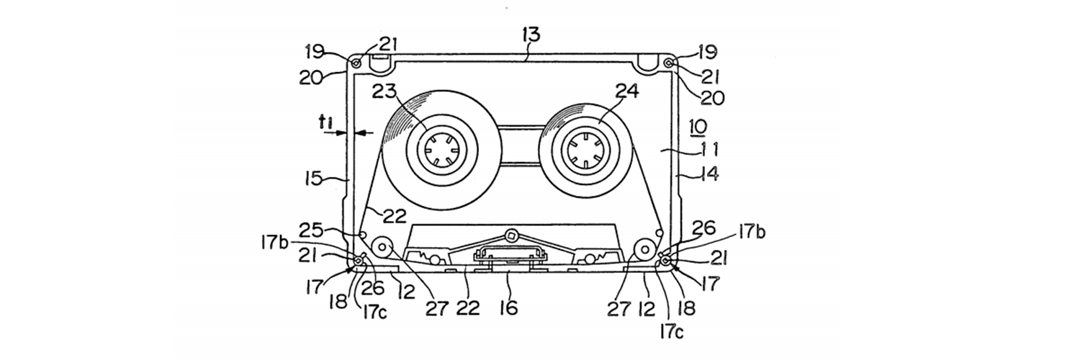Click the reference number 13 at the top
pyautogui.click(x=531, y=35)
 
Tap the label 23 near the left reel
pyautogui.click(x=384, y=92)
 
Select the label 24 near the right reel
pyautogui.click(x=627, y=91)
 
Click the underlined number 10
pyautogui.click(x=698, y=127)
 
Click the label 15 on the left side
pyautogui.click(x=313, y=179)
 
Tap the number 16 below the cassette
pyautogui.click(x=509, y=307)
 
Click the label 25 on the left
pyautogui.click(x=311, y=230)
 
